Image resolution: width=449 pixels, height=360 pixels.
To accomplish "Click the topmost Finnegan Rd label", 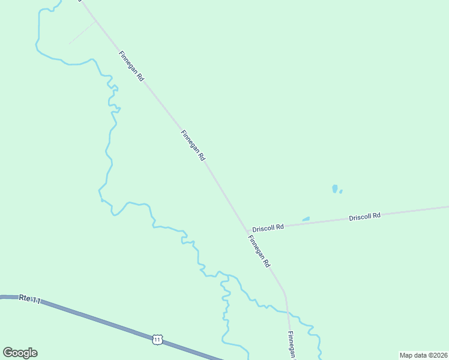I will click(x=131, y=66).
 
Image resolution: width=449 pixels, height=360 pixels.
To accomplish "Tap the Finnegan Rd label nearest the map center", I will click(x=193, y=146).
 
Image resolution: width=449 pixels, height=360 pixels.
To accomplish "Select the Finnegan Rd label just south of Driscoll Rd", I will click(x=259, y=251).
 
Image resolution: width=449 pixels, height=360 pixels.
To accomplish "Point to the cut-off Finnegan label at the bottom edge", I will click(x=291, y=345).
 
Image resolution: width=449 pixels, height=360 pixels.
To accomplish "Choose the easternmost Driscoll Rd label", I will click(x=365, y=216).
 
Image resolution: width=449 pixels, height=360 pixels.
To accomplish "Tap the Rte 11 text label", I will click(x=29, y=298).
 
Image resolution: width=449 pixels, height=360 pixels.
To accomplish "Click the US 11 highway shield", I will click(x=157, y=340).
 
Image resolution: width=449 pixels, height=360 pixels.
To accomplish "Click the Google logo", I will click(x=20, y=353).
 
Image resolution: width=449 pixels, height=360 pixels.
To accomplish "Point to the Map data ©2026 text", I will click(x=423, y=355).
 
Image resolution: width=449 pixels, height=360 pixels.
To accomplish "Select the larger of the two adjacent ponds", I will click(x=334, y=188).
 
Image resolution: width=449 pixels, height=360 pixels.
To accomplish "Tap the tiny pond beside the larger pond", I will click(x=341, y=191).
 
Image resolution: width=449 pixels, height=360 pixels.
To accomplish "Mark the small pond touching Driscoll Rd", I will click(x=306, y=219).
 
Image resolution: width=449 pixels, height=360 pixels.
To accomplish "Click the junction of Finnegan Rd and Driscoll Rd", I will click(x=247, y=231).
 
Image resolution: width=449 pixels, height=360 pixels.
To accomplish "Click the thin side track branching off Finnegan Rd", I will click(x=82, y=34).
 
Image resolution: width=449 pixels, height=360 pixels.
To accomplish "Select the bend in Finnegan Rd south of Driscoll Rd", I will click(x=285, y=293).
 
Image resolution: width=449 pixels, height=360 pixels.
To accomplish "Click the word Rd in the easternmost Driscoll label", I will click(x=376, y=215).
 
